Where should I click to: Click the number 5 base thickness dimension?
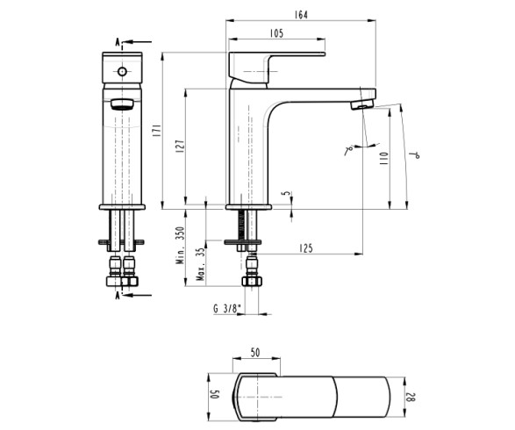coord(284,195)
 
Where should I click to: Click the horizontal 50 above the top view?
coord(255,353)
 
